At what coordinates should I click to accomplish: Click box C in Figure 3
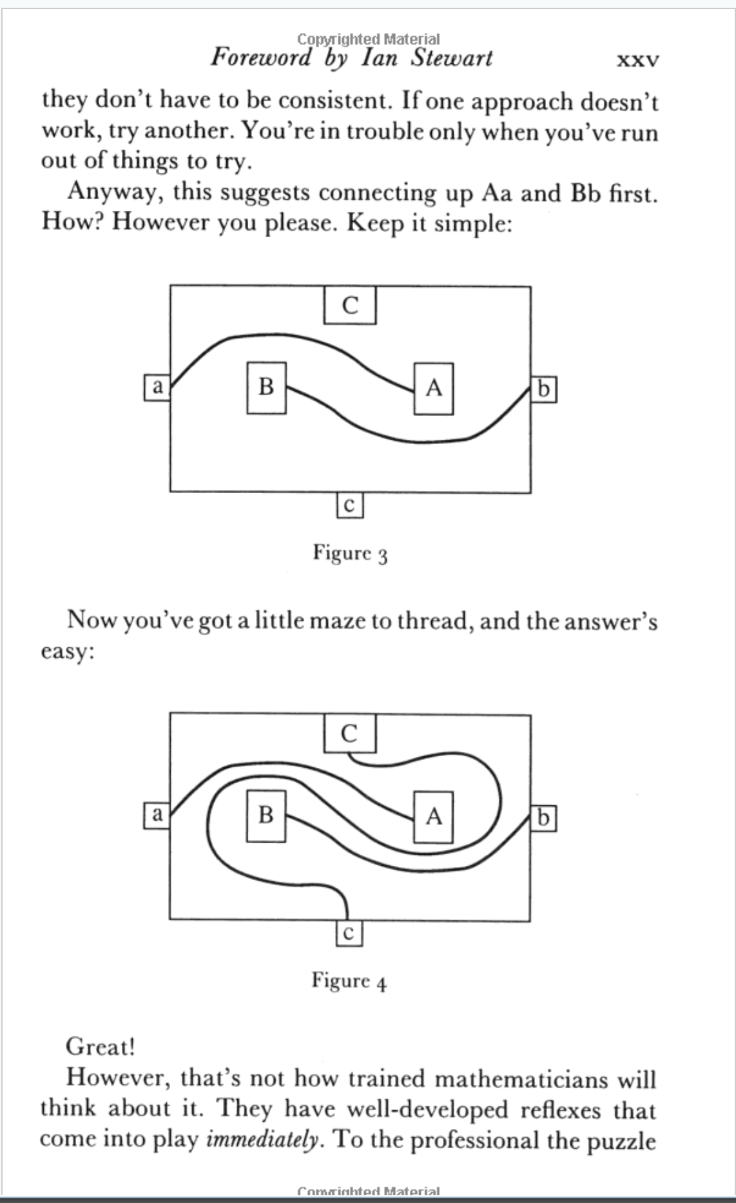click(x=349, y=305)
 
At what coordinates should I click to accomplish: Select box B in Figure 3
click(x=266, y=387)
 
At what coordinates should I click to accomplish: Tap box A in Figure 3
click(x=434, y=388)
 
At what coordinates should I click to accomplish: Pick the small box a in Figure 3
click(x=157, y=387)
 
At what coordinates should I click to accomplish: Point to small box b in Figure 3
click(x=543, y=389)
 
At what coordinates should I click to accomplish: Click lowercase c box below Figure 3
click(x=349, y=505)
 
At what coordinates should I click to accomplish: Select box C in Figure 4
click(x=349, y=734)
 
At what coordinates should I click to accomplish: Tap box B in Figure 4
click(x=266, y=816)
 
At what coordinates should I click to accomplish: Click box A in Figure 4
click(x=434, y=817)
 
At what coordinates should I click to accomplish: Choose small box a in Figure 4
click(x=156, y=814)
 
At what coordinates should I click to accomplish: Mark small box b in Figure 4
click(x=543, y=818)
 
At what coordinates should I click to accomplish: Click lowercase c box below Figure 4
click(x=348, y=933)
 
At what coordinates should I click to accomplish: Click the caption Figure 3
click(x=350, y=553)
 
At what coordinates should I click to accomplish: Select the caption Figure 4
click(x=349, y=981)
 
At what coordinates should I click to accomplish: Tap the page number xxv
click(x=637, y=61)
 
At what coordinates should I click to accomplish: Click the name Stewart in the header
click(x=452, y=58)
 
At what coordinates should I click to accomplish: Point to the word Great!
click(x=101, y=1046)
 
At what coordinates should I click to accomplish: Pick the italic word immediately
click(x=262, y=1140)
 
